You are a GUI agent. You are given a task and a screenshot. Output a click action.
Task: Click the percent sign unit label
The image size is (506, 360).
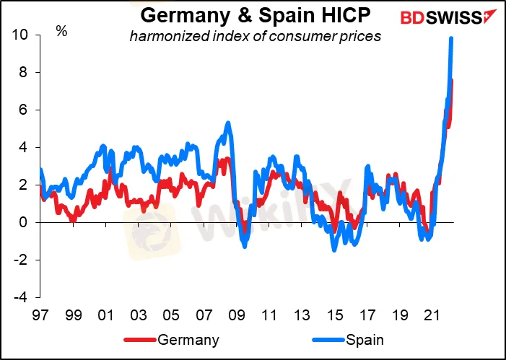[62, 32]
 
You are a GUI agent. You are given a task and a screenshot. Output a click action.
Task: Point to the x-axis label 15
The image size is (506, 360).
[334, 316]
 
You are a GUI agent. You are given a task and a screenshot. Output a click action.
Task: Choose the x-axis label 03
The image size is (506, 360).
[139, 316]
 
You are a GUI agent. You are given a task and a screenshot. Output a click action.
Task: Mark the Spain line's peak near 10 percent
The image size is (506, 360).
[451, 39]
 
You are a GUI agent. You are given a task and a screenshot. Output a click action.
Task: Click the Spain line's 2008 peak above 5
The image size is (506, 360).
[228, 123]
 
